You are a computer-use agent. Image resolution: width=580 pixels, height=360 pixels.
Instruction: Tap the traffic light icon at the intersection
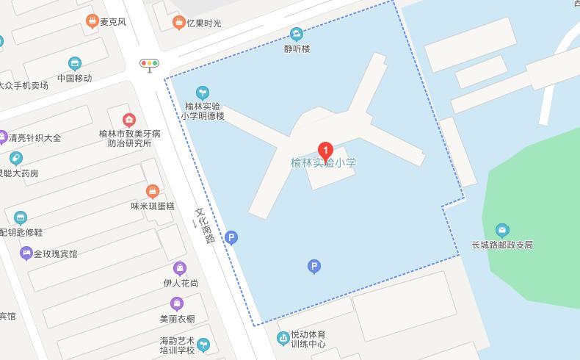coord(150,64)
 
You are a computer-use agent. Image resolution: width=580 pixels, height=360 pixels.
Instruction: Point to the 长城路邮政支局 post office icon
coord(502,230)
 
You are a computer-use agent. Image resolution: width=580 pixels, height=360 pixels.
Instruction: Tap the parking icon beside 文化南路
coord(231,237)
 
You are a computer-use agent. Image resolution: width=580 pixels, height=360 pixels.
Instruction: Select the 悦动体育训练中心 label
coord(308,339)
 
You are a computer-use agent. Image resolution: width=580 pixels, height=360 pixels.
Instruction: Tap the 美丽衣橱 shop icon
coord(177,303)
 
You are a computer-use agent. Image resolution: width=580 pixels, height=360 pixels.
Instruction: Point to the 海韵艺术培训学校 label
coord(177,345)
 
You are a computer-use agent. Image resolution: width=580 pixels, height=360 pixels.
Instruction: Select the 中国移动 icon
coord(74,64)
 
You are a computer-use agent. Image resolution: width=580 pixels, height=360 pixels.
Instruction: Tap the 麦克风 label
coord(113,22)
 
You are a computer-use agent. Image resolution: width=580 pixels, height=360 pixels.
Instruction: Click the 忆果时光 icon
coord(178,23)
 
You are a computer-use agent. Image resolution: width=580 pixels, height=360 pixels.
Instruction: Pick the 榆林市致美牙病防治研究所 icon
coord(128,120)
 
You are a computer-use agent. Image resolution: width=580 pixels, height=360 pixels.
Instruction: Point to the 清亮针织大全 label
coord(35,137)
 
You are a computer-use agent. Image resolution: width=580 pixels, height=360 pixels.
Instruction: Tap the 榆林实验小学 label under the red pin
coord(323,163)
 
